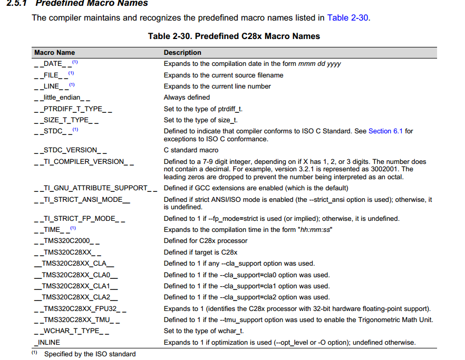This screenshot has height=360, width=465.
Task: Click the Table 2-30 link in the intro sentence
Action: pyautogui.click(x=347, y=18)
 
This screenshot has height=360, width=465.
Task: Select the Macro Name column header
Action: pyautogui.click(x=54, y=53)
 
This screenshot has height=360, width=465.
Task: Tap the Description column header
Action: pyautogui.click(x=182, y=53)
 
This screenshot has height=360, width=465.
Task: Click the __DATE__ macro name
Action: pyautogui.click(x=52, y=64)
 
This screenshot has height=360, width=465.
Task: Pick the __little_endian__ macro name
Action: pyautogui.click(x=62, y=98)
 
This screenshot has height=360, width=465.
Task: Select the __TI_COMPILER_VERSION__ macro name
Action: pyautogui.click(x=84, y=162)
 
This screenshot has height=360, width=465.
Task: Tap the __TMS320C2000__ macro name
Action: pyautogui.click(x=66, y=241)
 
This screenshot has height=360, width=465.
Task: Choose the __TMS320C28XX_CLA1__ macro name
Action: pyautogui.click(x=75, y=286)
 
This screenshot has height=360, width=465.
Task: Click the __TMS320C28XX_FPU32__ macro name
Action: pyautogui.click(x=80, y=309)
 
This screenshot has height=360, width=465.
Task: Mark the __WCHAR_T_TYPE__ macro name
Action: pyautogui.click(x=72, y=331)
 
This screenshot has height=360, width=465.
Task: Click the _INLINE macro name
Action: pyautogui.click(x=47, y=343)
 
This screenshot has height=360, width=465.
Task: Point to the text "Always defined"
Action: pyautogui.click(x=187, y=98)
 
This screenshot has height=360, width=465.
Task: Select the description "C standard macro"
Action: pyautogui.click(x=191, y=150)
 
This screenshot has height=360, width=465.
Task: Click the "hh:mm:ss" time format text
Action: pyautogui.click(x=315, y=229)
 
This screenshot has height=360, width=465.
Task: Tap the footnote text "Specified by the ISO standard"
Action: pyautogui.click(x=90, y=354)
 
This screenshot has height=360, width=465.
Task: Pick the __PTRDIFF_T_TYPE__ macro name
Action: pyautogui.click(x=73, y=109)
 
